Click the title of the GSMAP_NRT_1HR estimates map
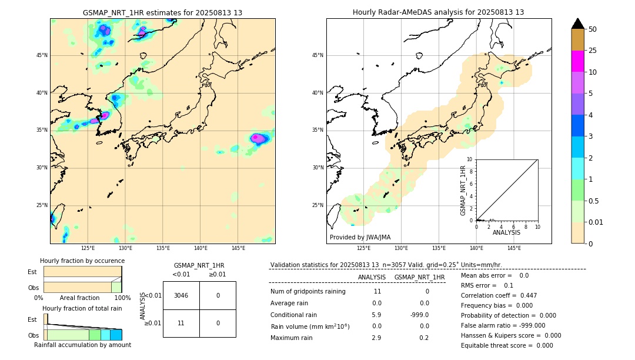tap(162, 12)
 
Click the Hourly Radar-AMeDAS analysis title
tap(439, 12)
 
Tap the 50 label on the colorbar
tap(593, 29)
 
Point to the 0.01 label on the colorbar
tap(597, 222)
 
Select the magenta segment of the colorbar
tap(578, 61)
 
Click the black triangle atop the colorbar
tap(578, 24)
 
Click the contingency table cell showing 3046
tap(181, 295)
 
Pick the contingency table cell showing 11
tap(181, 323)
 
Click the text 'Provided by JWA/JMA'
tap(360, 237)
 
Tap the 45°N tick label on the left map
tap(42, 55)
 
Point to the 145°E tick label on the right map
tap(514, 248)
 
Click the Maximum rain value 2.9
tap(376, 338)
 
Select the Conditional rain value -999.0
tap(420, 315)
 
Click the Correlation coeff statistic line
tap(499, 295)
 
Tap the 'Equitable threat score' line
tap(507, 345)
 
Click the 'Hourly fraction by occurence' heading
tap(82, 261)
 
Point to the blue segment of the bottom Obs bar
tap(116, 335)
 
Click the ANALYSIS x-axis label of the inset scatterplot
tap(506, 232)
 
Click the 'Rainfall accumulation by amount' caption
tap(82, 345)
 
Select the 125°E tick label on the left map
tap(88, 248)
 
